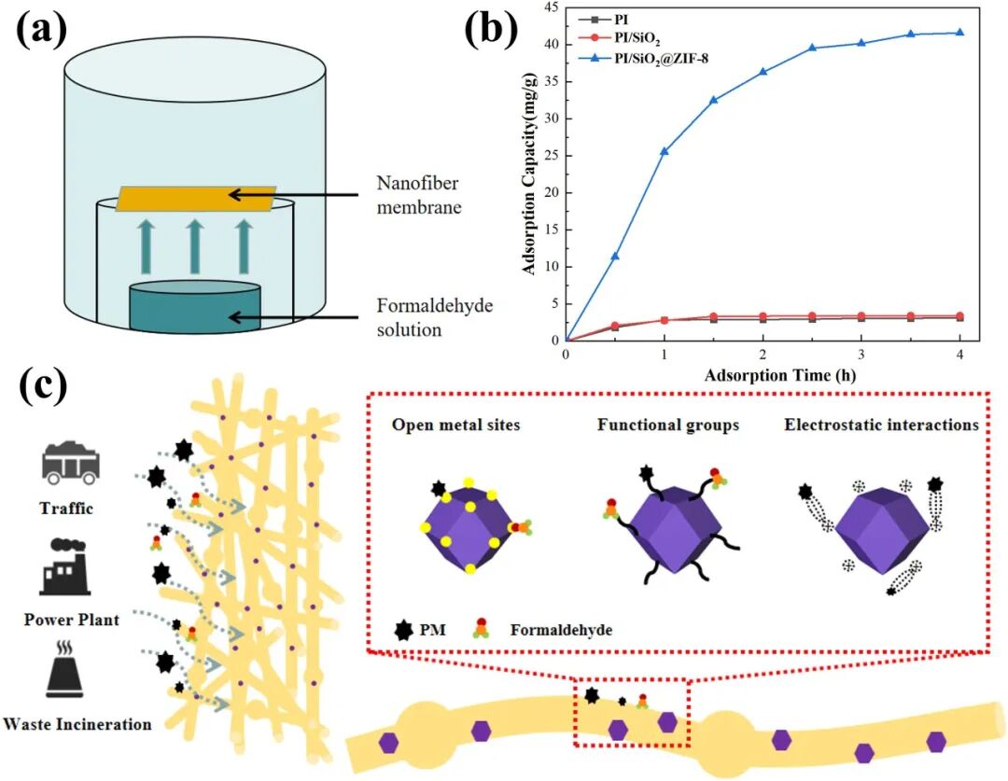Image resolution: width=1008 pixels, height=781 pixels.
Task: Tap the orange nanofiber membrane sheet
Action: (x=196, y=198)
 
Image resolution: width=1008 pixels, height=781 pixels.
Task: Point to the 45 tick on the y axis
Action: (x=551, y=7)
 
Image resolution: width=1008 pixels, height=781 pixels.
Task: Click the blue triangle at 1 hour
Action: (x=665, y=151)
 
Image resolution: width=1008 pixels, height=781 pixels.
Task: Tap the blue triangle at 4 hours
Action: (x=959, y=33)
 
